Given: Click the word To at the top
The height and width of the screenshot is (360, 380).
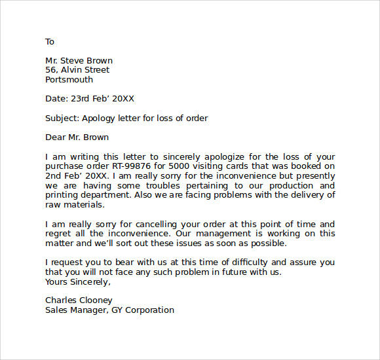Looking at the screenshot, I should coord(50,42).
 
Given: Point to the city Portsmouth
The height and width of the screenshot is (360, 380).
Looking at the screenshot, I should coord(69,80).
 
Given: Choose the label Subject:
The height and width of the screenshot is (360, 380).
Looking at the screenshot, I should coord(62,118).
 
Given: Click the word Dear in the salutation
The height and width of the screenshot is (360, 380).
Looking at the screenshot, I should coord(56,137).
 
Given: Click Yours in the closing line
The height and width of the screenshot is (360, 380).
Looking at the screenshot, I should coord(56,282).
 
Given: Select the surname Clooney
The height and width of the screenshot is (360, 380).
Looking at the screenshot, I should coord(96,300).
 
